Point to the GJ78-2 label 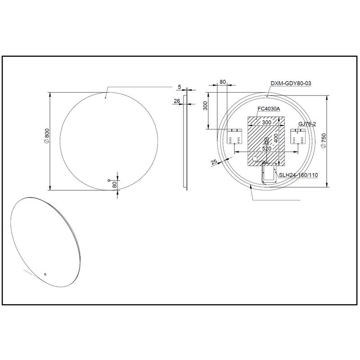click(x=307, y=123)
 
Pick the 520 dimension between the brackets click(x=266, y=148)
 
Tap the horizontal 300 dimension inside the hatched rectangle click(x=266, y=122)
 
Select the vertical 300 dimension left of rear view click(x=205, y=106)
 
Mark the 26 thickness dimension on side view click(x=176, y=101)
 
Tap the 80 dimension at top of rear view click(x=222, y=82)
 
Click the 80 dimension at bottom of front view click(x=115, y=184)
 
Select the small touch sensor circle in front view click(x=109, y=181)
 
